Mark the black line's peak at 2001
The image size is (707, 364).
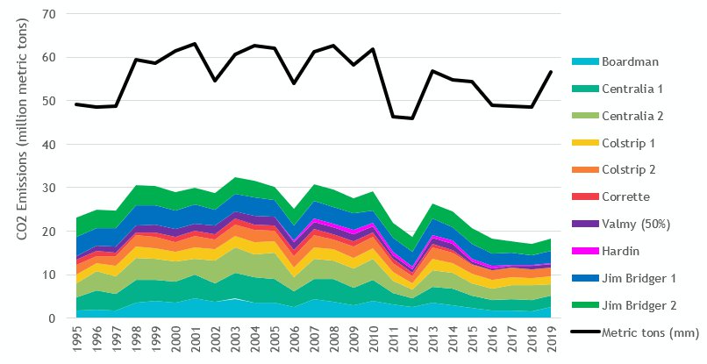195,44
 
